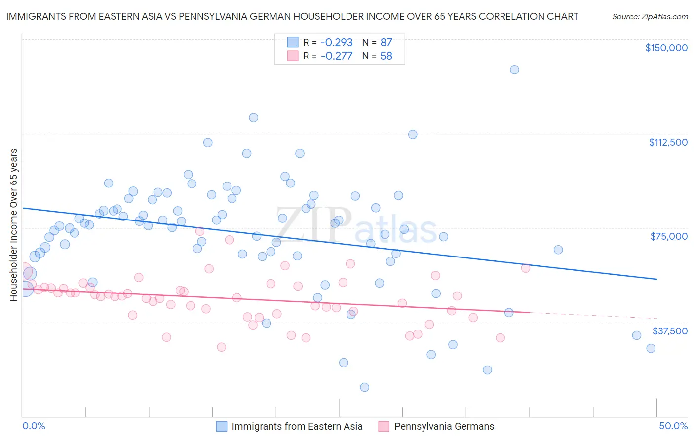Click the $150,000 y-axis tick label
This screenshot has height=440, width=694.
666,48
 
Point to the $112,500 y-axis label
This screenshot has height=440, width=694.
668,142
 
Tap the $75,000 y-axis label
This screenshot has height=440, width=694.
669,236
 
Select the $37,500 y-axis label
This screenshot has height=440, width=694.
670,331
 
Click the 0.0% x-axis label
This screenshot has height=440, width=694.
34,426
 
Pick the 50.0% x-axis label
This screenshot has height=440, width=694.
673,426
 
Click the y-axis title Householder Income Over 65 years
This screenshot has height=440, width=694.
14,224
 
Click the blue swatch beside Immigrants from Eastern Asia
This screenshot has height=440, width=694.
222,426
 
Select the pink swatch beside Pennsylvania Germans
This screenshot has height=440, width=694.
384,426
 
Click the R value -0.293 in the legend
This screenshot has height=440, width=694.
337,42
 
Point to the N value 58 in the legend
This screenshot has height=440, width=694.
386,56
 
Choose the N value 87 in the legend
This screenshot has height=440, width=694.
386,42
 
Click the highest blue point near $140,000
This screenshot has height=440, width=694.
514,70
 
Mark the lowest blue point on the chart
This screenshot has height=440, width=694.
364,387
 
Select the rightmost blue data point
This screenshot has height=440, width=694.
651,348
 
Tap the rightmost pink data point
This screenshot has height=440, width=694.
526,268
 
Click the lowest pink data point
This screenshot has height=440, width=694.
221,347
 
